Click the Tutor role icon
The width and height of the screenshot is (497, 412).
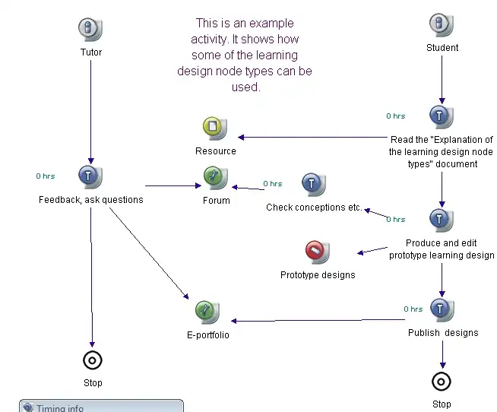[90, 30]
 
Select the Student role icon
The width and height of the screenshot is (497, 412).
[442, 25]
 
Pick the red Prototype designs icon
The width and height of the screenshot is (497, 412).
[317, 251]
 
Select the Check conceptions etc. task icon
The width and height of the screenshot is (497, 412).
[314, 185]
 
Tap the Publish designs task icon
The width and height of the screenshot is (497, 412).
[442, 309]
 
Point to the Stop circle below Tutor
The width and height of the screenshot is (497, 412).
[92, 360]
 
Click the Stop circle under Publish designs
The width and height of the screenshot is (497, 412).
[442, 381]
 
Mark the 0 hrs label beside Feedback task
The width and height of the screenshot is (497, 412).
[46, 176]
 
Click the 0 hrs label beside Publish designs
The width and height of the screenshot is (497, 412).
[413, 309]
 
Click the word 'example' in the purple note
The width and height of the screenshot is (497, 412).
[274, 24]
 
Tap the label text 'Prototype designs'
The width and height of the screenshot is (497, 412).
[317, 275]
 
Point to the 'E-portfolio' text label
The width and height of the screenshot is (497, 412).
[207, 335]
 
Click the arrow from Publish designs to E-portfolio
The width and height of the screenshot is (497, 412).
[319, 321]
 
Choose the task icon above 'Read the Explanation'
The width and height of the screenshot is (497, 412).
[442, 116]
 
